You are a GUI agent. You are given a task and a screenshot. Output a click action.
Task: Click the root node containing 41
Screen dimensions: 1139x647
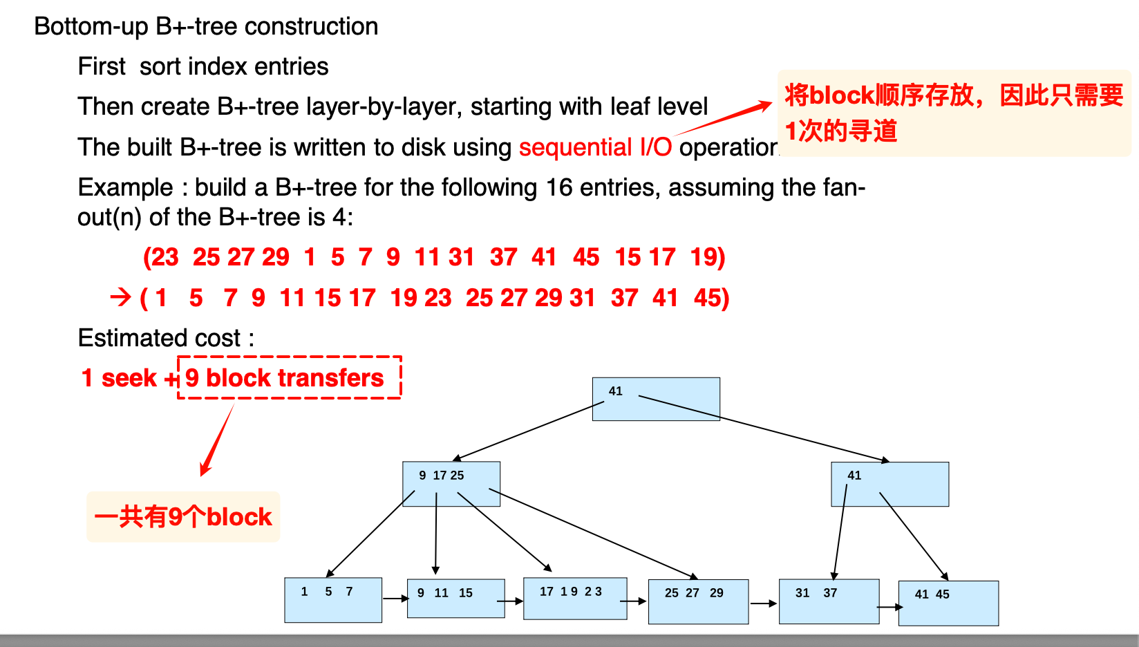coord(656,399)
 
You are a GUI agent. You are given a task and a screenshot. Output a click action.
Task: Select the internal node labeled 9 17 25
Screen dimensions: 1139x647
coord(451,484)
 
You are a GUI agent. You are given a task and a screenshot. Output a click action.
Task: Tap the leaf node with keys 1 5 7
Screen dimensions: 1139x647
coord(333,600)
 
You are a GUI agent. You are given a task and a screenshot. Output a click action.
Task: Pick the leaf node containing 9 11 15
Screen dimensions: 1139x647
coord(456,598)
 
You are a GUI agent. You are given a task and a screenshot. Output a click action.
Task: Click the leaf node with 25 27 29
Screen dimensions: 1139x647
coord(698,602)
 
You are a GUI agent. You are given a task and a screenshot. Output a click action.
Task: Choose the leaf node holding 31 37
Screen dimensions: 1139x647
coord(829,601)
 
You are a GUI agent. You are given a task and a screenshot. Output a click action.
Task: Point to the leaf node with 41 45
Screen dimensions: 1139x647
coord(948,603)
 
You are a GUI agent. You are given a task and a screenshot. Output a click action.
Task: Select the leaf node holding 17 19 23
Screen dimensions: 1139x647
coord(575,598)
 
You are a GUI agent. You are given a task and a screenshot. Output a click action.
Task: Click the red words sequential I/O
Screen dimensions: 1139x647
coord(595,147)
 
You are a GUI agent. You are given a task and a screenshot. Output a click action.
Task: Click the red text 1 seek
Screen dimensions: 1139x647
coord(119,378)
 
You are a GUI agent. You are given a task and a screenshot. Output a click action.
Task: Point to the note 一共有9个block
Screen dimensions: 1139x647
coord(183,517)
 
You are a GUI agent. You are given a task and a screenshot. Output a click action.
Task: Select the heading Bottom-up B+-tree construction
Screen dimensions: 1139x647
coord(206,26)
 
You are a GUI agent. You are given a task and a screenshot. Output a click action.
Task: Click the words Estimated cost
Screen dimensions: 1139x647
coord(159,338)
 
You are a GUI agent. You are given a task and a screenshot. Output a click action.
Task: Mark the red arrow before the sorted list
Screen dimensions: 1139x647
coord(120,297)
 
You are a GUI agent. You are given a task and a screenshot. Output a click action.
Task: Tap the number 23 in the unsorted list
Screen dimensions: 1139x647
coord(163,257)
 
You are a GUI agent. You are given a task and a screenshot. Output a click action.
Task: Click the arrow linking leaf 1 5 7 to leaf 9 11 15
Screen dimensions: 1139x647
coord(395,599)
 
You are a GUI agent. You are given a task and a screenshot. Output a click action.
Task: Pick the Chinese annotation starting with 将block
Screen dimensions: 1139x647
coord(954,113)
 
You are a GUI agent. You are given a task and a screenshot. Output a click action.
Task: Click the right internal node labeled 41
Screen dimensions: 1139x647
coord(890,485)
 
